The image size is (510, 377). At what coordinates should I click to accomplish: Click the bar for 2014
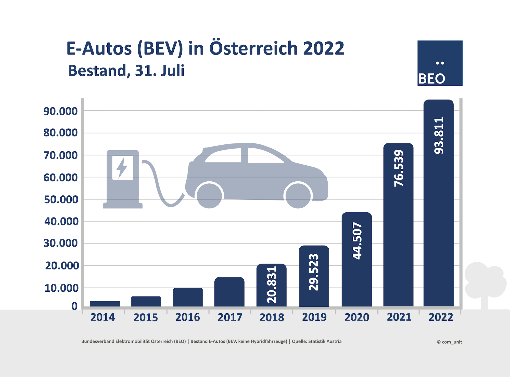click(x=105, y=304)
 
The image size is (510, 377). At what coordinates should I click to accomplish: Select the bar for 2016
click(x=188, y=297)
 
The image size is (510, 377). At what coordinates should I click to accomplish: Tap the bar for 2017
click(x=229, y=292)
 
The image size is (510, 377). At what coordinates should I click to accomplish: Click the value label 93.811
click(x=439, y=135)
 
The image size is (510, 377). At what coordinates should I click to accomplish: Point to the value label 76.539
click(x=399, y=168)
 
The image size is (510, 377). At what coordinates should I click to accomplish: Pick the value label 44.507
click(x=357, y=241)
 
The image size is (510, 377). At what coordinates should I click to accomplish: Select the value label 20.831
click(x=272, y=285)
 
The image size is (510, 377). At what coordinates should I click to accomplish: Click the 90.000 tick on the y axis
click(x=61, y=111)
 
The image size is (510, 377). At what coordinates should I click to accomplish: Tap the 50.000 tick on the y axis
click(x=61, y=199)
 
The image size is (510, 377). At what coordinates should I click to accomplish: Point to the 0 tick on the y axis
click(x=74, y=306)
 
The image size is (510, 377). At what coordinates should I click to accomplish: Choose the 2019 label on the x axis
click(x=314, y=317)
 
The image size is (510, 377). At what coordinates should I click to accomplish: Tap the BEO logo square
click(x=440, y=63)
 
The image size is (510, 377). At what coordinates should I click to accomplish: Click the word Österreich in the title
click(x=253, y=48)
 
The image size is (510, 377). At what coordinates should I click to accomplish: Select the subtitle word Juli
click(x=173, y=71)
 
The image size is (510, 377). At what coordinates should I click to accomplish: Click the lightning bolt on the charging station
click(x=122, y=167)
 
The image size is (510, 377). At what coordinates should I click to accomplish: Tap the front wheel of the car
click(x=298, y=195)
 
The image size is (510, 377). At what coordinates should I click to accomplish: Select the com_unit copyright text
click(x=449, y=342)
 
